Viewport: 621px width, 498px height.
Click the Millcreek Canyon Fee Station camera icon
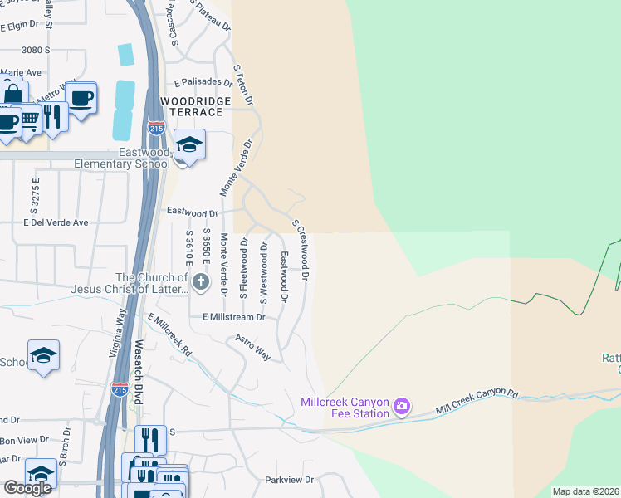point(402,406)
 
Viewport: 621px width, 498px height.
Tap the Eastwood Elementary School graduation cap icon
point(189,145)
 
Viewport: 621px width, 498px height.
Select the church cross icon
point(200,283)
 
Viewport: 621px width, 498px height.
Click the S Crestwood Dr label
point(301,248)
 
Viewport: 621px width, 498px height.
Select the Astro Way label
point(253,347)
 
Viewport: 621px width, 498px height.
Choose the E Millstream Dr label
point(233,317)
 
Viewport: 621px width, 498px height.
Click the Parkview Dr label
point(289,480)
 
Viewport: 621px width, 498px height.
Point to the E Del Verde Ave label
point(56,222)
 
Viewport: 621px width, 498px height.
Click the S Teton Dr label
point(242,85)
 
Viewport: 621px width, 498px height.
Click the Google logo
point(27,488)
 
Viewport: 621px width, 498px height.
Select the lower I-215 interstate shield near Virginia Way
point(120,388)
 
